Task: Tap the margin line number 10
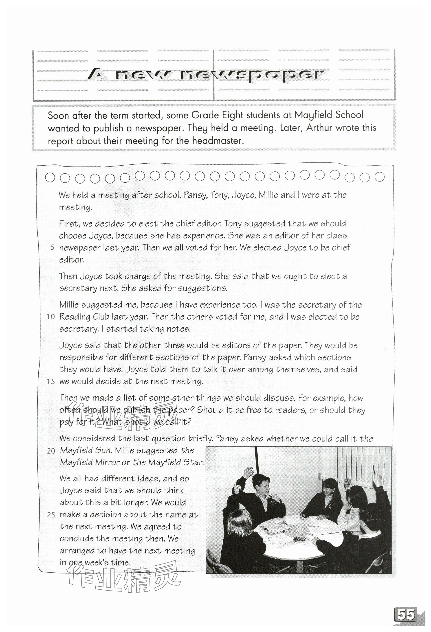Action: pos(51,317)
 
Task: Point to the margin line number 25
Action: pos(51,515)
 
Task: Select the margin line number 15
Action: pos(51,382)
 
